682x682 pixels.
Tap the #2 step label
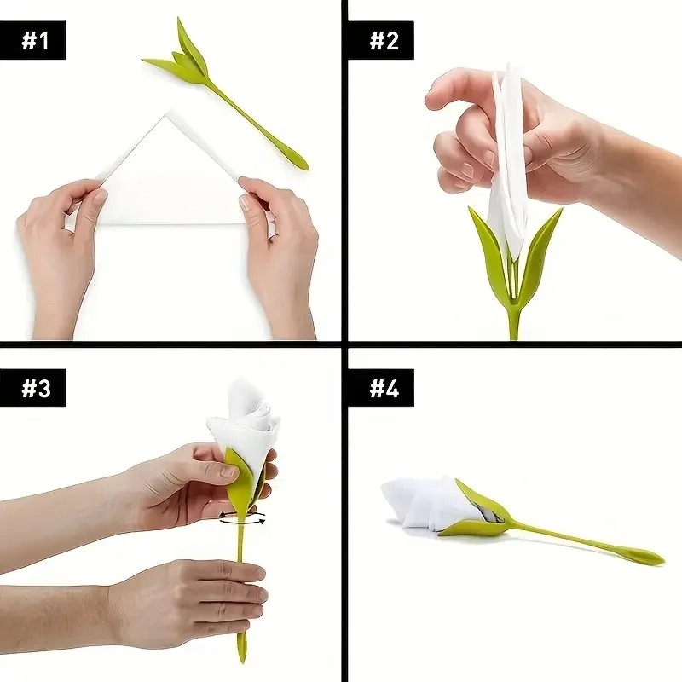pos(383,40)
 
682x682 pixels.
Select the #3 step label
pos(36,388)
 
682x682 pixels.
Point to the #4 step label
pos(384,388)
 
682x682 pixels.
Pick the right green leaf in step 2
pos(540,247)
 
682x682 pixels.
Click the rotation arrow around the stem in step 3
pos(242,517)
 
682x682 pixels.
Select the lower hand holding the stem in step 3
pos(196,601)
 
